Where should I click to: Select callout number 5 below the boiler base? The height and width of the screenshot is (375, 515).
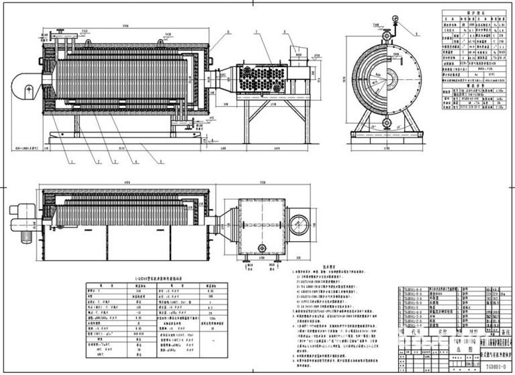(x=160, y=161)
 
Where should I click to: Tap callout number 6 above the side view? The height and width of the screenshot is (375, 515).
(x=228, y=32)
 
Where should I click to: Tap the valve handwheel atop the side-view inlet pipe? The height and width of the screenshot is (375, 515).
(x=60, y=31)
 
